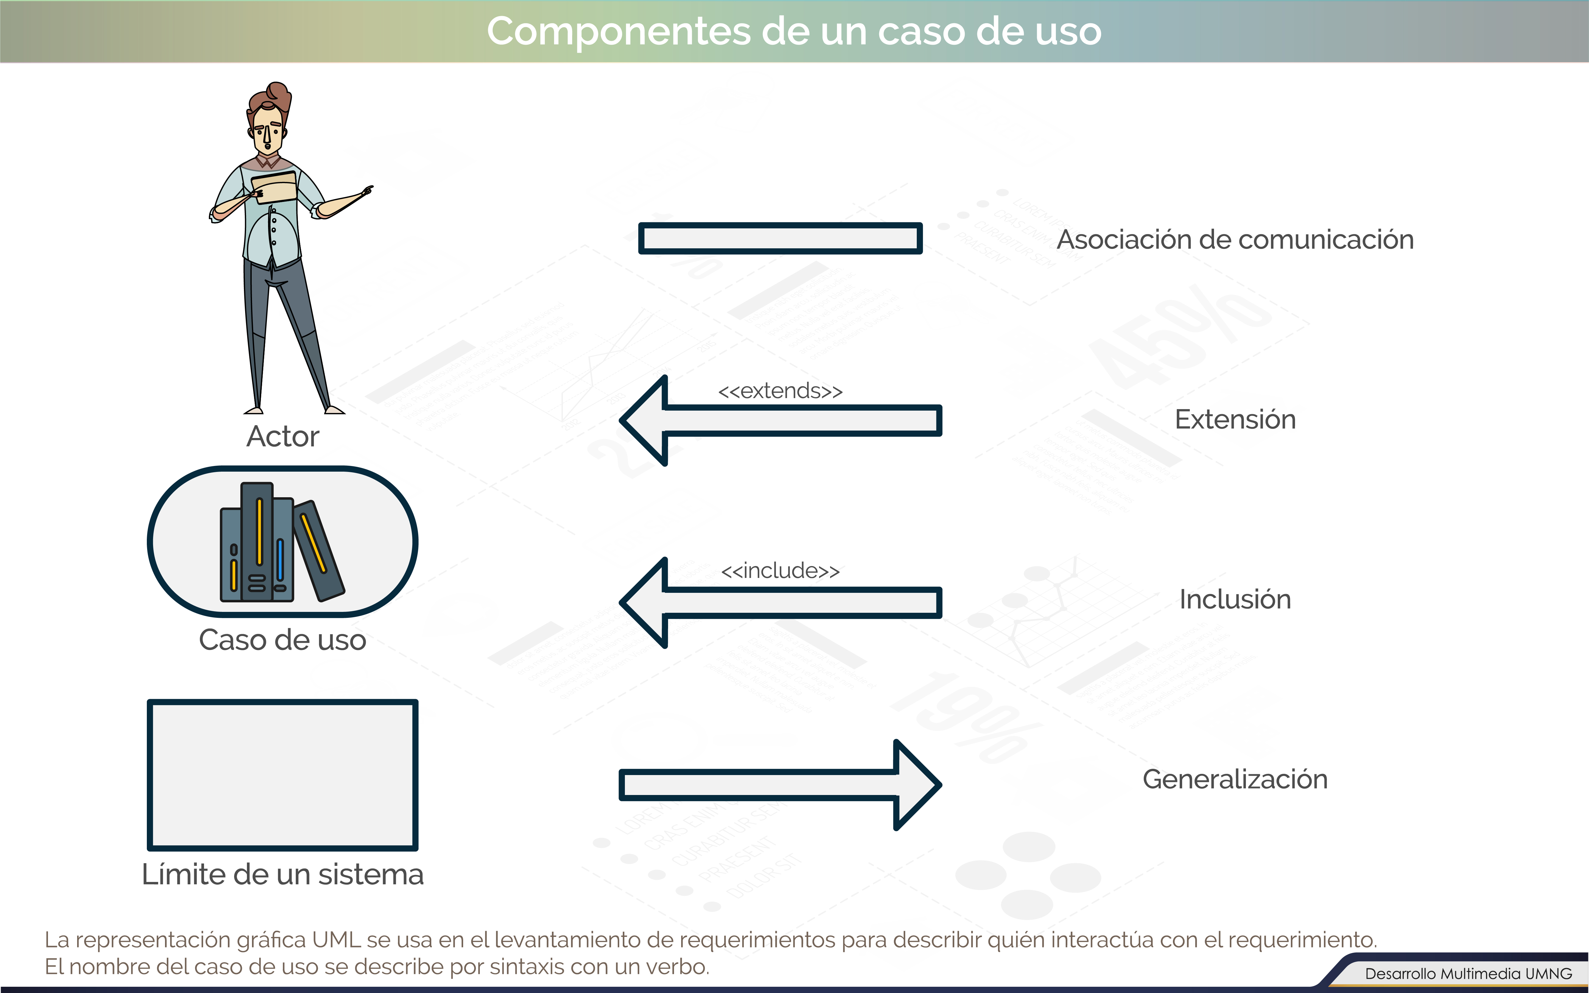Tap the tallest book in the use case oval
257,541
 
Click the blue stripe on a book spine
281,559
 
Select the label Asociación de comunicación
1235,240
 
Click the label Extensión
1235,420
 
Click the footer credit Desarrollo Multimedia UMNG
1469,973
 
